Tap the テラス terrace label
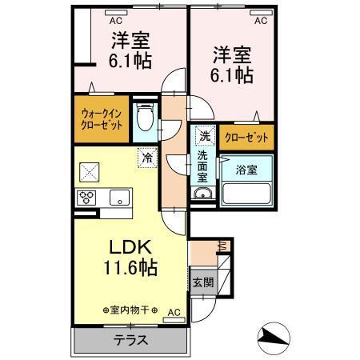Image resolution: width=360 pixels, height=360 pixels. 130,339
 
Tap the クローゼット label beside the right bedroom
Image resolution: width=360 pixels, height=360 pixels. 247,137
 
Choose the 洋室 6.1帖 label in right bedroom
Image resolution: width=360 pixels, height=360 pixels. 232,65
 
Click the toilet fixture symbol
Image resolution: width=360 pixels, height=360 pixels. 145,118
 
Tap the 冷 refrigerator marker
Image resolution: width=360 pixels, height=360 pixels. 146,158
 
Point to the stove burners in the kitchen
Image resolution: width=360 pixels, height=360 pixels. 86,197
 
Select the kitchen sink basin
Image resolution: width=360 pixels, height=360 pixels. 119,197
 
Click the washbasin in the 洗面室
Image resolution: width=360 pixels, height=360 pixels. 202,195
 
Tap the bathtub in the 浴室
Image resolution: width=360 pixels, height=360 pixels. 246,193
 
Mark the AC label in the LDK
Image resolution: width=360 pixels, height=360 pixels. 174,312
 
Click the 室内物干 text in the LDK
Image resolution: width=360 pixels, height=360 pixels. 130,310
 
